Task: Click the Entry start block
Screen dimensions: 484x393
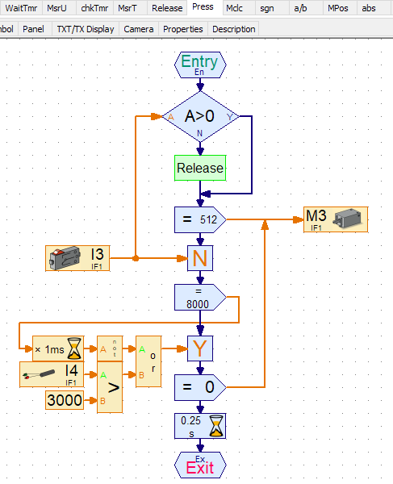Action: pos(200,65)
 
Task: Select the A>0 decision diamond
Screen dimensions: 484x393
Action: pos(200,117)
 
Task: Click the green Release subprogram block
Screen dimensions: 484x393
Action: pos(200,169)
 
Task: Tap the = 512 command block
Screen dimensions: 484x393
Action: pos(200,219)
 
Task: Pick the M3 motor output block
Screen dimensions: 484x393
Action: pos(335,219)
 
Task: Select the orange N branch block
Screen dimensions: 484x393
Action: pos(200,259)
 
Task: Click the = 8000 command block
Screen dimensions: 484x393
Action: pos(200,297)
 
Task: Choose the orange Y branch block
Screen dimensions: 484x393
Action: pos(200,348)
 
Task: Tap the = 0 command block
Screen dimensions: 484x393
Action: pos(200,388)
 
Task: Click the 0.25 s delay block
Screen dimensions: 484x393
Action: pos(200,426)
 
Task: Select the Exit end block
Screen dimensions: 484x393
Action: pos(200,465)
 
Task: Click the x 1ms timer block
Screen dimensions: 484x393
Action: pos(57,348)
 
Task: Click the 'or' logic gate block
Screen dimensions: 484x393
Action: pos(148,361)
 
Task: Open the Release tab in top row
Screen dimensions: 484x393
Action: pos(167,8)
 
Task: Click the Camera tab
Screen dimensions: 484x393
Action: pos(139,29)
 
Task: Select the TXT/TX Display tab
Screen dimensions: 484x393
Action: pos(86,29)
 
